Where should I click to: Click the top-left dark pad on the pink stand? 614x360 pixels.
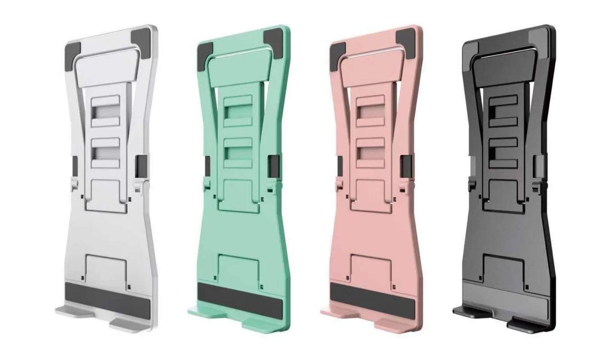338,53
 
